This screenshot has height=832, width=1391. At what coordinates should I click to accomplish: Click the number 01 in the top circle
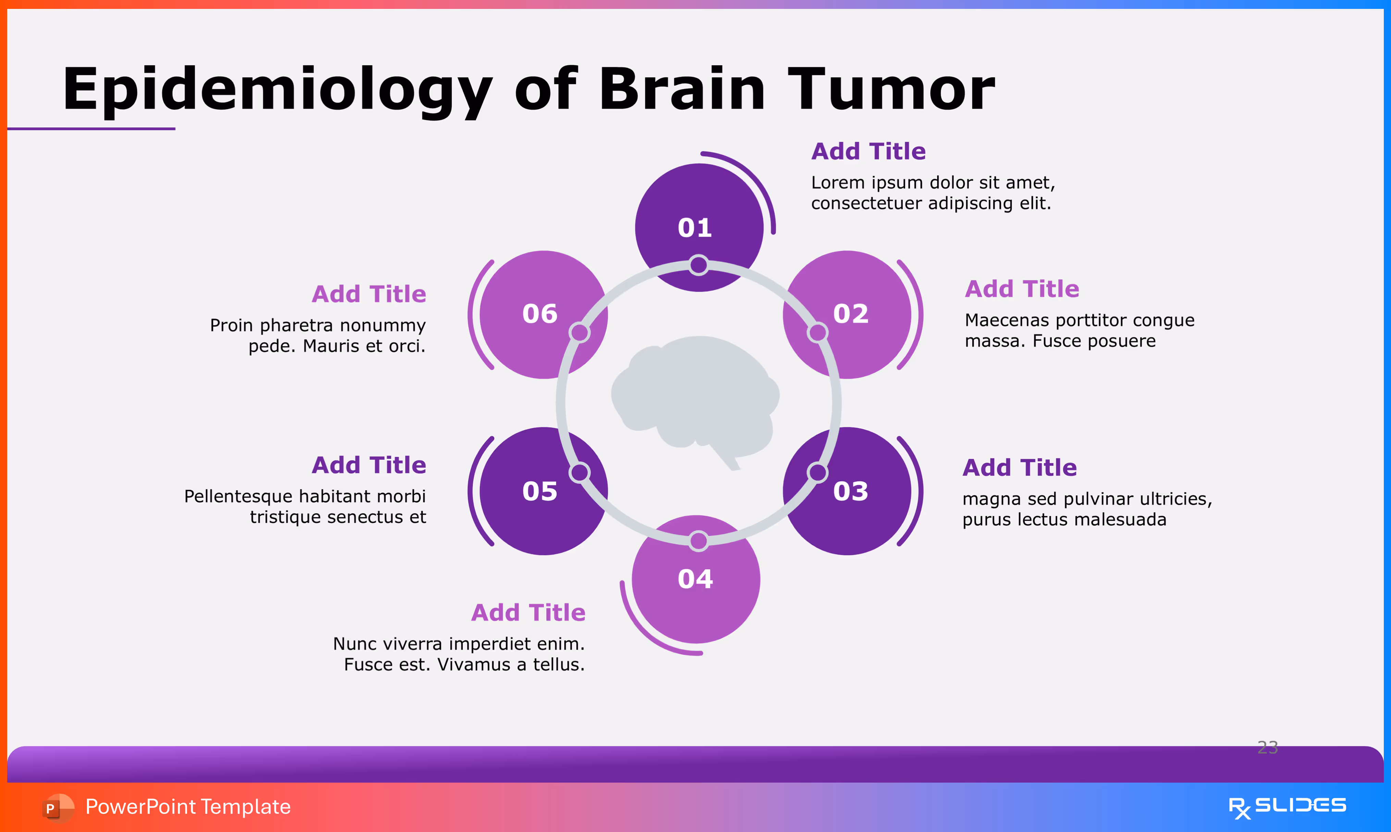pos(695,228)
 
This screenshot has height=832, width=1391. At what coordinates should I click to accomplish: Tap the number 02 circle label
pos(851,313)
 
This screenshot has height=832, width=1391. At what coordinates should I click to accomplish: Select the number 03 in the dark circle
pos(851,491)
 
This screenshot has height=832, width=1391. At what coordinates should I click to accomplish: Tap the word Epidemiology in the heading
pos(278,90)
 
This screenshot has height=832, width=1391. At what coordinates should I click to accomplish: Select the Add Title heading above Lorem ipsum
pos(868,151)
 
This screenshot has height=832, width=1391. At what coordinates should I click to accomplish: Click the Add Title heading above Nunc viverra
pos(528,613)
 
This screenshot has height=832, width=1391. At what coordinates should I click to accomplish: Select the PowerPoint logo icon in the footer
pos(58,807)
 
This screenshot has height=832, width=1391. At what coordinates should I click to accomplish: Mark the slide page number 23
pos(1268,747)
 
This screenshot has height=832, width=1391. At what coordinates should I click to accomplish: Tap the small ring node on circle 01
pos(698,265)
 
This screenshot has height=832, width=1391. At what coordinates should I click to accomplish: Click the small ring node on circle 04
pos(698,541)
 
